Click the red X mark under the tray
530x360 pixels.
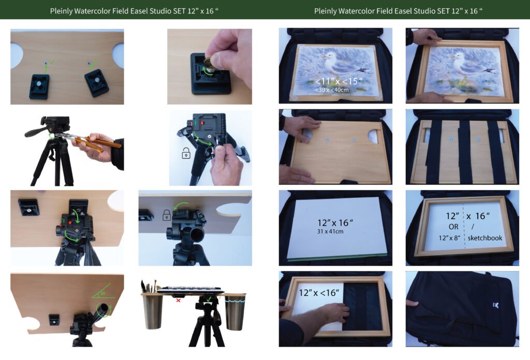[178, 300]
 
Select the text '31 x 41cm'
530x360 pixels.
[330, 232]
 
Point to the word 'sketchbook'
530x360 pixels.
[484, 238]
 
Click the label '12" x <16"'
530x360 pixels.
[319, 292]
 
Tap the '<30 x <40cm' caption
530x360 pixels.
[332, 90]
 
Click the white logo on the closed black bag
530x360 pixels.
[496, 306]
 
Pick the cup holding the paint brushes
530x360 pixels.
[153, 311]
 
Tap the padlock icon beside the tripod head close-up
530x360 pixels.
[186, 153]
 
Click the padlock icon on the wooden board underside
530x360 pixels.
[166, 215]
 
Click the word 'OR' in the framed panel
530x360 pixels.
[453, 227]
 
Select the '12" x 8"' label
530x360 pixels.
[449, 238]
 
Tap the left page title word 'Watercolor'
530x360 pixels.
[95, 11]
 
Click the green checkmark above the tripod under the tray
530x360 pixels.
[209, 299]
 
